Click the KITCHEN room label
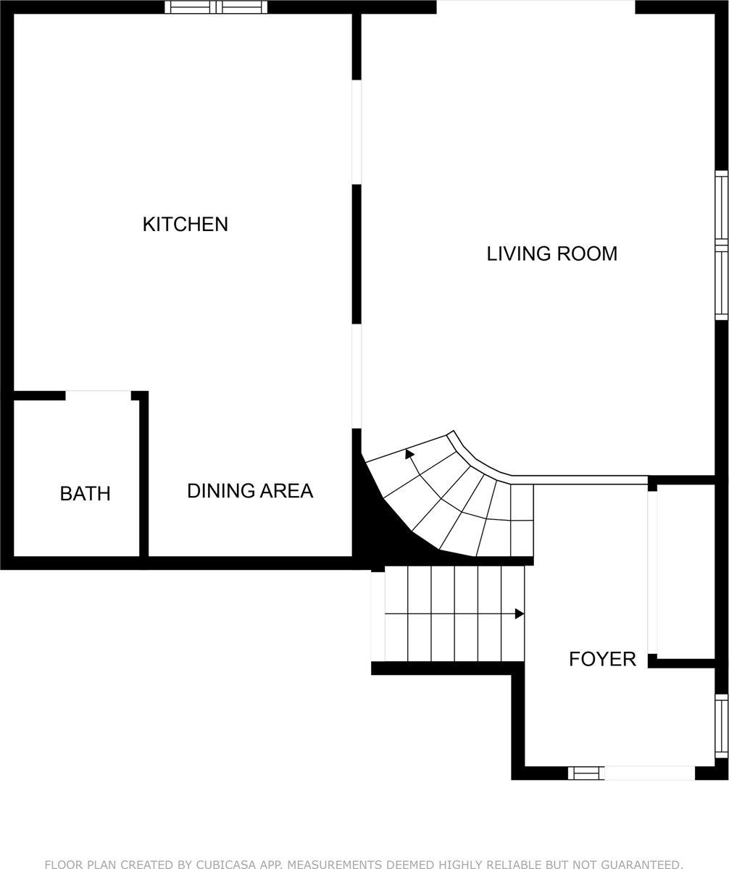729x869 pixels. click(185, 224)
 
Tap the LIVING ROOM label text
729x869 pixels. click(551, 253)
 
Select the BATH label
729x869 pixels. click(85, 494)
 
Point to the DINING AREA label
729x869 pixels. click(250, 491)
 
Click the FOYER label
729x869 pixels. click(602, 659)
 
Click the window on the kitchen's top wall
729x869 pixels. click(216, 7)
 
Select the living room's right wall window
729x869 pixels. click(721, 245)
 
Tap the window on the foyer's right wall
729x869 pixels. click(721, 726)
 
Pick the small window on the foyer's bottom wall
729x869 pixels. click(586, 773)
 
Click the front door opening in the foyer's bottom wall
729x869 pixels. click(649, 773)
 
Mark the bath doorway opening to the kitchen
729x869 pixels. click(98, 395)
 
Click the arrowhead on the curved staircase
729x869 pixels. click(409, 454)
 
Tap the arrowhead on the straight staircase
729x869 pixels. click(519, 614)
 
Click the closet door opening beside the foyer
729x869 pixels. click(652, 572)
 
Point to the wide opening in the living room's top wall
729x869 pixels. click(536, 7)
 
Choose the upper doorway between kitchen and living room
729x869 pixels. click(357, 132)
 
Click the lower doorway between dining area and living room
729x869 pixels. click(357, 376)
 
